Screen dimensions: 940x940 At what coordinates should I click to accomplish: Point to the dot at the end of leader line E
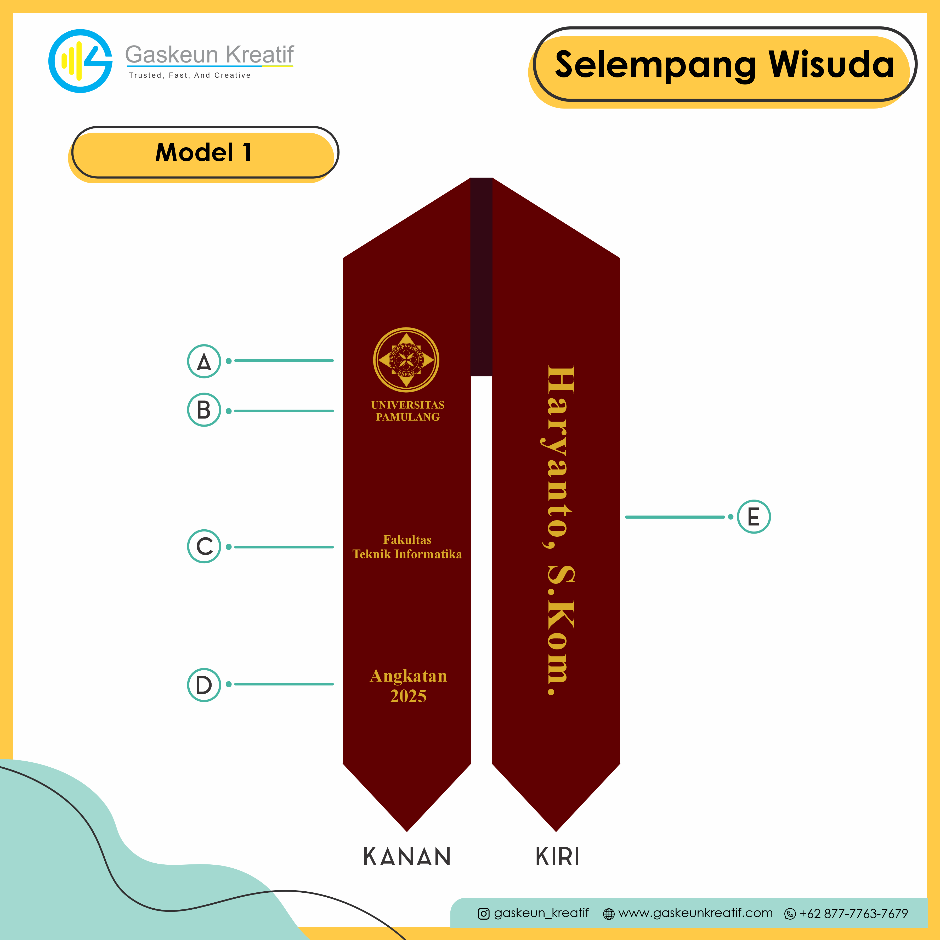click(x=730, y=517)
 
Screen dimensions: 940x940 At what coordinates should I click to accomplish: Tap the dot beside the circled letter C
click(x=229, y=547)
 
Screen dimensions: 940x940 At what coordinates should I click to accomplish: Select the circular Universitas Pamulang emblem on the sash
click(x=406, y=360)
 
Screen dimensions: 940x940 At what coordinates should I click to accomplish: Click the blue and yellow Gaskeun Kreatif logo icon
click(x=80, y=61)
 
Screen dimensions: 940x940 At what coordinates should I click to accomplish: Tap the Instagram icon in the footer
click(x=484, y=914)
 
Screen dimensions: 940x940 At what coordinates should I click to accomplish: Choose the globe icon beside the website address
click(x=609, y=914)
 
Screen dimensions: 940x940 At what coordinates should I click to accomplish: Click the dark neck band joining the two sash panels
click(x=481, y=277)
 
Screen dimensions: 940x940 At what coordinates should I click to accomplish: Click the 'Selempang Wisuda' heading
click(x=725, y=64)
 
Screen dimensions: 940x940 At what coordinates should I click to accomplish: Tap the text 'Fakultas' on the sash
click(x=407, y=540)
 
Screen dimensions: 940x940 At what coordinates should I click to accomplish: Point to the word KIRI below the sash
click(x=558, y=856)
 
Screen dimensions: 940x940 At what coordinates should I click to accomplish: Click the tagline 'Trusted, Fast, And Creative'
click(x=190, y=75)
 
